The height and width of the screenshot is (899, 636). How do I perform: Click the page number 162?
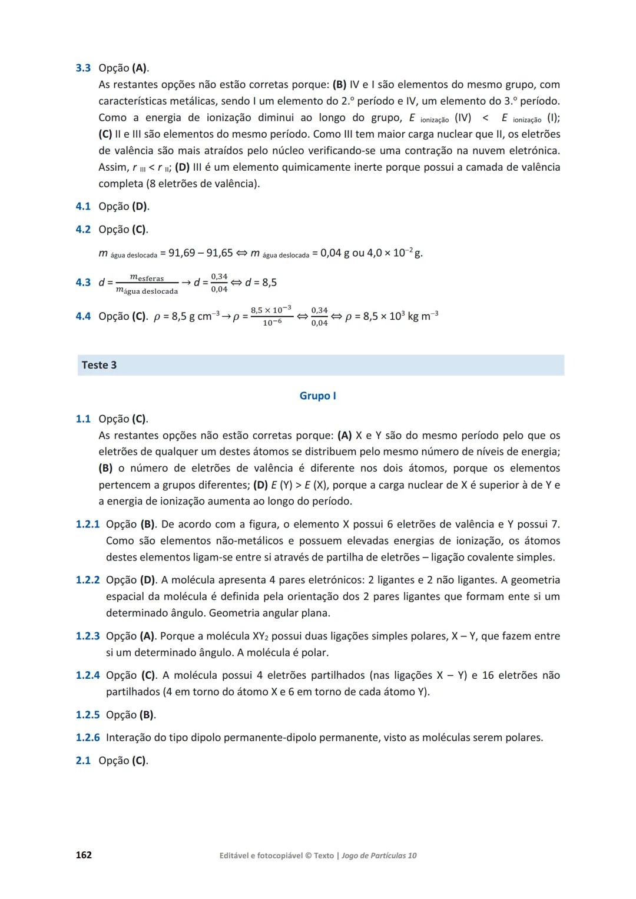pos(84,855)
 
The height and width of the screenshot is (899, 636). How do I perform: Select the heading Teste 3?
pos(99,365)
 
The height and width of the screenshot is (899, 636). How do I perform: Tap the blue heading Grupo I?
pos(317,396)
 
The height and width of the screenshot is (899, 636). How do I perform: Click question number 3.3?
pos(83,68)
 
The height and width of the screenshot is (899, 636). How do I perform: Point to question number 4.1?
pos(83,206)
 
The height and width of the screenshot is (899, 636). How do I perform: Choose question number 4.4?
pos(83,316)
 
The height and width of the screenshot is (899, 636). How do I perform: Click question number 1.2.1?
pos(88,524)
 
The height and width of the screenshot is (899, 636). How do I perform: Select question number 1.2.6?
pos(88,737)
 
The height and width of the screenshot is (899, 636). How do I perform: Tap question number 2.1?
pos(83,760)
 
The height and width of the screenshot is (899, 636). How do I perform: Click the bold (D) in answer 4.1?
pos(140,206)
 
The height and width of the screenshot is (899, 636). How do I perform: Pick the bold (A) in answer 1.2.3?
pos(147,636)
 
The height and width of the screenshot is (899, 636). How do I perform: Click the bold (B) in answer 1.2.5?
pos(147,715)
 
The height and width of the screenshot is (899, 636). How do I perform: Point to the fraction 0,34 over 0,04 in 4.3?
pos(219,283)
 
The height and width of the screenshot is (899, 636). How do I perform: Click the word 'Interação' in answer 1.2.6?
pos(131,737)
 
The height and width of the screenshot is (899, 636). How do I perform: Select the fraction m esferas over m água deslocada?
pos(147,284)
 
